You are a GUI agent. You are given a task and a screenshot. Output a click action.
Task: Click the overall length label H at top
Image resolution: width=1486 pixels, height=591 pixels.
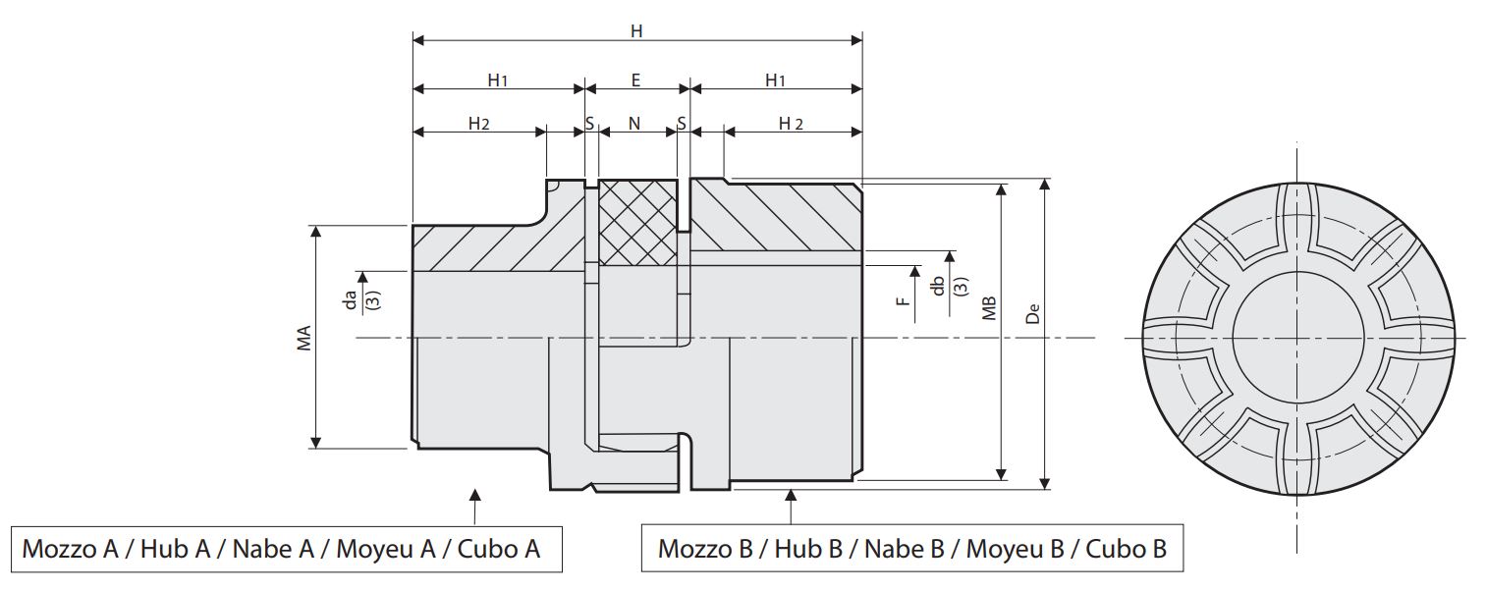[x=636, y=30]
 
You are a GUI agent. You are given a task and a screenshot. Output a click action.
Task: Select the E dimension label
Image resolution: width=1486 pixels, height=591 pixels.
[x=636, y=80]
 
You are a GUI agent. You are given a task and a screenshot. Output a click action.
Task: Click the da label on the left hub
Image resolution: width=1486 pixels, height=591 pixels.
[x=350, y=298]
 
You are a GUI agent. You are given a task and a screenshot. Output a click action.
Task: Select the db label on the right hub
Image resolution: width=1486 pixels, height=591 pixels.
[x=938, y=286]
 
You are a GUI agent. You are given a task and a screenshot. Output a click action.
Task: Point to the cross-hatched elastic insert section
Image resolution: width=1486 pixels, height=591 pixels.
[x=637, y=223]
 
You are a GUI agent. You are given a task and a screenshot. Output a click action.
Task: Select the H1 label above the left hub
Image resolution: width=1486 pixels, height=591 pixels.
[x=498, y=81]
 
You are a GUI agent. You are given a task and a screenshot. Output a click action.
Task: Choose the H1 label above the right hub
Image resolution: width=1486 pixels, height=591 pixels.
[x=776, y=81]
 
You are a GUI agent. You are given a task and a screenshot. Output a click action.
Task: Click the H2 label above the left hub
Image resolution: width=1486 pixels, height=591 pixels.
[x=478, y=124]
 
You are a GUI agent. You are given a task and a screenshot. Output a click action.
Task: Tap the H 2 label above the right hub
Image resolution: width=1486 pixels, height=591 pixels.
[x=791, y=124]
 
